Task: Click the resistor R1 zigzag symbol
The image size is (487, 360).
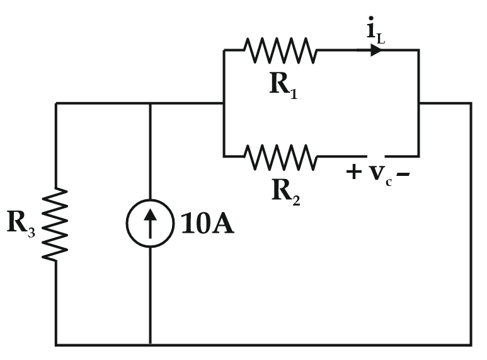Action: click(280, 50)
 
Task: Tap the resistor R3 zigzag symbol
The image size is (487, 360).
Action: click(56, 224)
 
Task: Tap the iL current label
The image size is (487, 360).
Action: click(376, 31)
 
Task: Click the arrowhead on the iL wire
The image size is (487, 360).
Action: click(376, 50)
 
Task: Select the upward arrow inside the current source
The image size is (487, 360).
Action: click(150, 224)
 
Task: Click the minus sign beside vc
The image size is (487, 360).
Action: click(404, 172)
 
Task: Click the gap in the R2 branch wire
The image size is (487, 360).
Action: click(377, 156)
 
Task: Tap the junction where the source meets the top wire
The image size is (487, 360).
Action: click(150, 103)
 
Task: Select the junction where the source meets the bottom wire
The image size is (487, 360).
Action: click(150, 344)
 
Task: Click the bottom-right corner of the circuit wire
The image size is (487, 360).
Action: click(471, 344)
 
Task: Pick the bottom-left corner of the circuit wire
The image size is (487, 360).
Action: click(56, 344)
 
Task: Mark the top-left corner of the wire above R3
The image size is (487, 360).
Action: click(56, 103)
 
